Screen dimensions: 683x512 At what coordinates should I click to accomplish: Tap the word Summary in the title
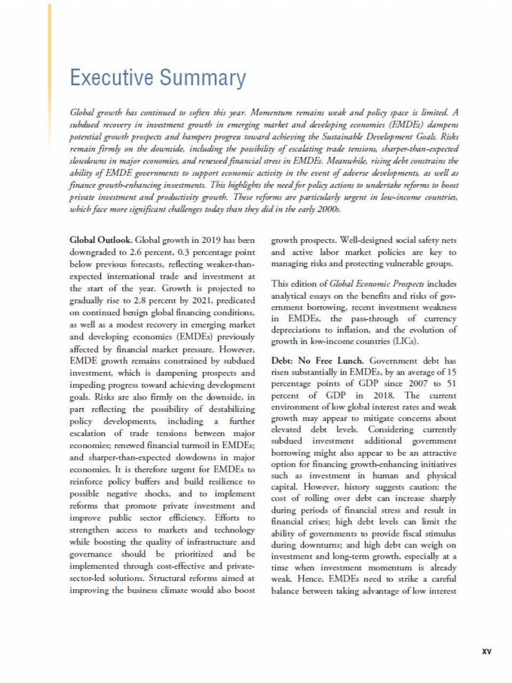(203, 78)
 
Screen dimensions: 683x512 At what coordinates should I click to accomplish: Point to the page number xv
(486, 652)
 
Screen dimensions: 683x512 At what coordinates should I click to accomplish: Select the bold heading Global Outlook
(101, 240)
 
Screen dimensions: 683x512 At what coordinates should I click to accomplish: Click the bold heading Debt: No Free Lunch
(317, 361)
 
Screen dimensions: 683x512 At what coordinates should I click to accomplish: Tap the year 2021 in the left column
(201, 300)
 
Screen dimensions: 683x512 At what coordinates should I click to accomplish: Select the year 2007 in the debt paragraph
(418, 384)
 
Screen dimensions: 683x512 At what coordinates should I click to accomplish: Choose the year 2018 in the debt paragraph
(385, 395)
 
